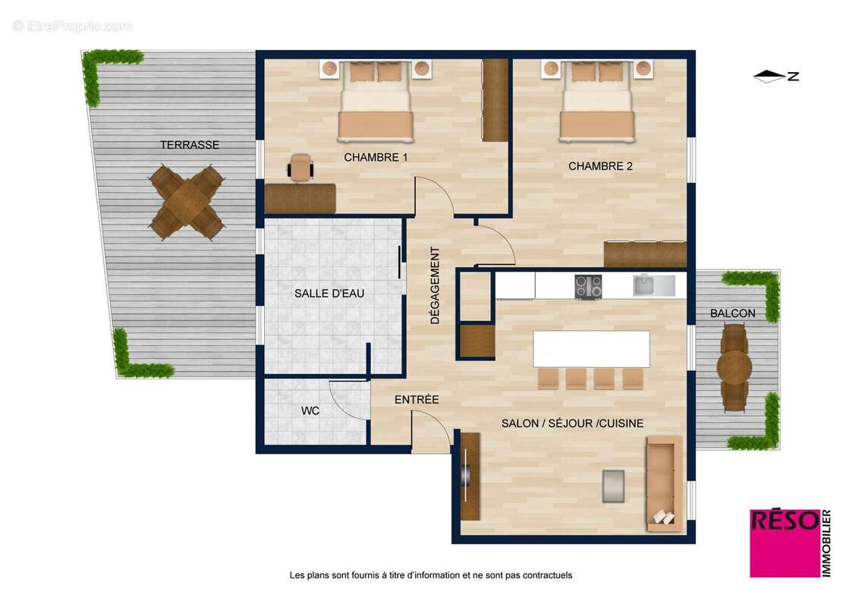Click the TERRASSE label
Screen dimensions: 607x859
[189, 145]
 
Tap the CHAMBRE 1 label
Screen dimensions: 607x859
[376, 158]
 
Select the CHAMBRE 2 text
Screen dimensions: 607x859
[600, 166]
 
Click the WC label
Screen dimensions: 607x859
[310, 411]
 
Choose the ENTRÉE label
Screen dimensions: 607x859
[417, 399]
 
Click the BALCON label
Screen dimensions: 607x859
[732, 313]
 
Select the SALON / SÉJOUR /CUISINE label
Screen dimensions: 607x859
[572, 423]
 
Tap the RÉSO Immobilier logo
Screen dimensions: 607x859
[790, 543]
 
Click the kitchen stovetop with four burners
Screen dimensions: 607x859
[588, 286]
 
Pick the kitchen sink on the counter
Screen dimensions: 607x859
[653, 285]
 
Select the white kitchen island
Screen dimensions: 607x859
[591, 349]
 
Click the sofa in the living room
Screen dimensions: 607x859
[664, 483]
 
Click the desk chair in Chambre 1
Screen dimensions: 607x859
[301, 167]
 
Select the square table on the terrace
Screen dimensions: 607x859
[187, 203]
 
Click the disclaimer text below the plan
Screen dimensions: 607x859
[430, 575]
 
